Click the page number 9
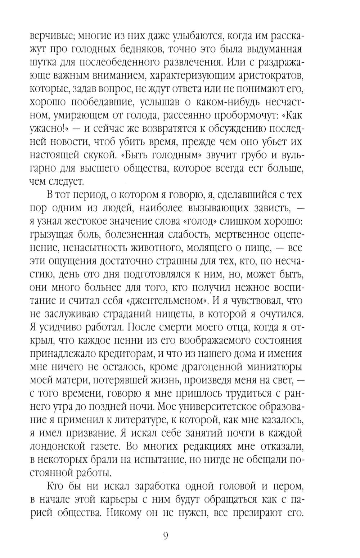coord(166,536)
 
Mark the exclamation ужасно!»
coord(47,129)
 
